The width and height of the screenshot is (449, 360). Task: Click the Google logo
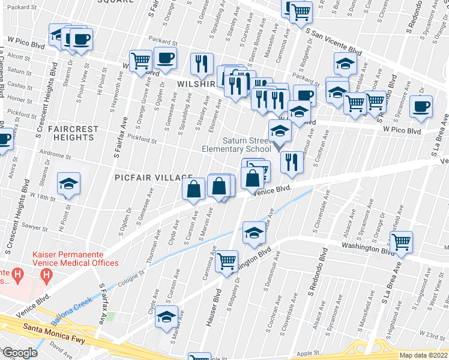tap(19, 353)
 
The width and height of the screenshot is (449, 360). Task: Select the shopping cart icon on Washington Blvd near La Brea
tap(401, 242)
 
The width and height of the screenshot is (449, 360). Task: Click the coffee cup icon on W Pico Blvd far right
tap(421, 107)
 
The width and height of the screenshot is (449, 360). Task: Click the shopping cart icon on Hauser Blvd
tap(226, 260)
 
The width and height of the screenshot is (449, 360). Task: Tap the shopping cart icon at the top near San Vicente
tap(300, 11)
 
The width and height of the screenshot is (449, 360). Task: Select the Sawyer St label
tap(35, 228)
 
